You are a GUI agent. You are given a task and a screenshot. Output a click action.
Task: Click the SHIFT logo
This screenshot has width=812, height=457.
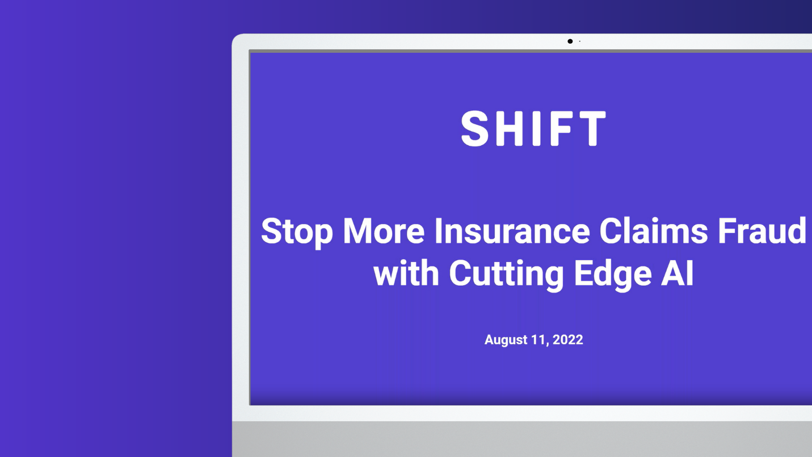533,128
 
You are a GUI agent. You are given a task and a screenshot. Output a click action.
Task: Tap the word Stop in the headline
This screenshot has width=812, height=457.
297,232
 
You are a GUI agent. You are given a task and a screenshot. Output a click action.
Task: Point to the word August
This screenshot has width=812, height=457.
506,340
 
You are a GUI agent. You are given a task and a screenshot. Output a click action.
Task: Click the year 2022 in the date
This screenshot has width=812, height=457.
567,340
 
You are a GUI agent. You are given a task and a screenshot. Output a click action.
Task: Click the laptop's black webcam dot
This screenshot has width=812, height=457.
570,41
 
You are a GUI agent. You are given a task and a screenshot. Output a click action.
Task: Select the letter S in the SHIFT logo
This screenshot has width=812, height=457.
475,129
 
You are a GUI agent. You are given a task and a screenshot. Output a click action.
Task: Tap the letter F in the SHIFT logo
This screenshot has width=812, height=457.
561,129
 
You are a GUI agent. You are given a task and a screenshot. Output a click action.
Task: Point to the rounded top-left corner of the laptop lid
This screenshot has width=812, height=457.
235,37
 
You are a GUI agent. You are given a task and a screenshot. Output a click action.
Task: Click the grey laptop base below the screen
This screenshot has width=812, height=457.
522,439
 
